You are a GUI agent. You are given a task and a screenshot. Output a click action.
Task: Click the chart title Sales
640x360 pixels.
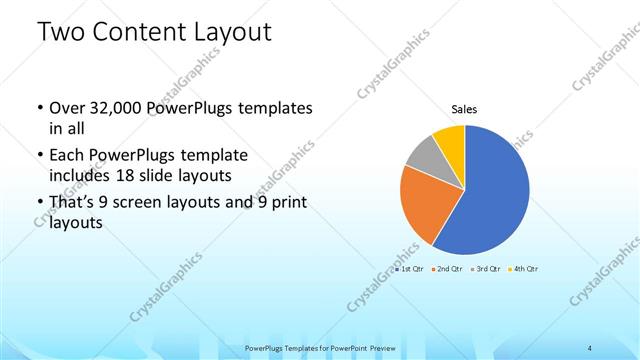click(x=464, y=109)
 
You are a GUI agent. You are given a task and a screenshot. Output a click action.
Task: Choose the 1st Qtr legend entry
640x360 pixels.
click(x=412, y=269)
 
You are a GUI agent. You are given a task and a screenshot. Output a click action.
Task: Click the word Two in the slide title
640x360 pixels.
click(x=62, y=32)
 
